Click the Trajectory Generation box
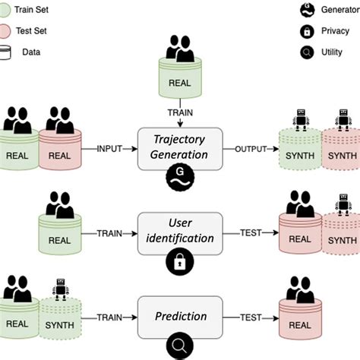(179, 147)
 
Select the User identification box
(179, 229)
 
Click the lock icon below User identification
(179, 263)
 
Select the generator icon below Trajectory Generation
(179, 180)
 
